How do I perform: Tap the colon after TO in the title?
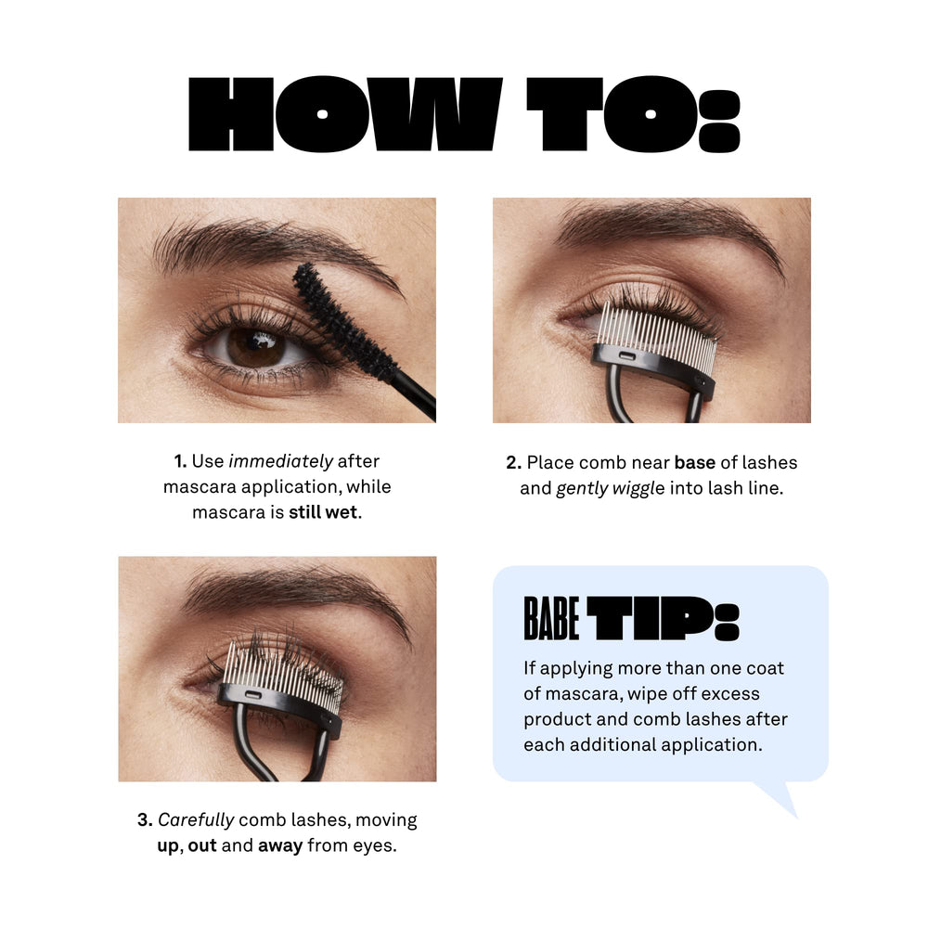coord(719,121)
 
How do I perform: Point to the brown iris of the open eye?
coord(256,347)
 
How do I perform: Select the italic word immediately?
coord(280,461)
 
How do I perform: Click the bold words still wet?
coord(323,512)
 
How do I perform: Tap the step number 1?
coord(180,461)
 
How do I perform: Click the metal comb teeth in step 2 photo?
coord(656,332)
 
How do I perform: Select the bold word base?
coord(695,462)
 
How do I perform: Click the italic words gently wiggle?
coord(611,488)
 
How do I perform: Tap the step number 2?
coord(513,462)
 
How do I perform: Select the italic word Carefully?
coord(196,820)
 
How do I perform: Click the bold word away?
coord(280,845)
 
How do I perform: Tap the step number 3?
coord(145,819)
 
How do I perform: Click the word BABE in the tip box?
coord(551,618)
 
